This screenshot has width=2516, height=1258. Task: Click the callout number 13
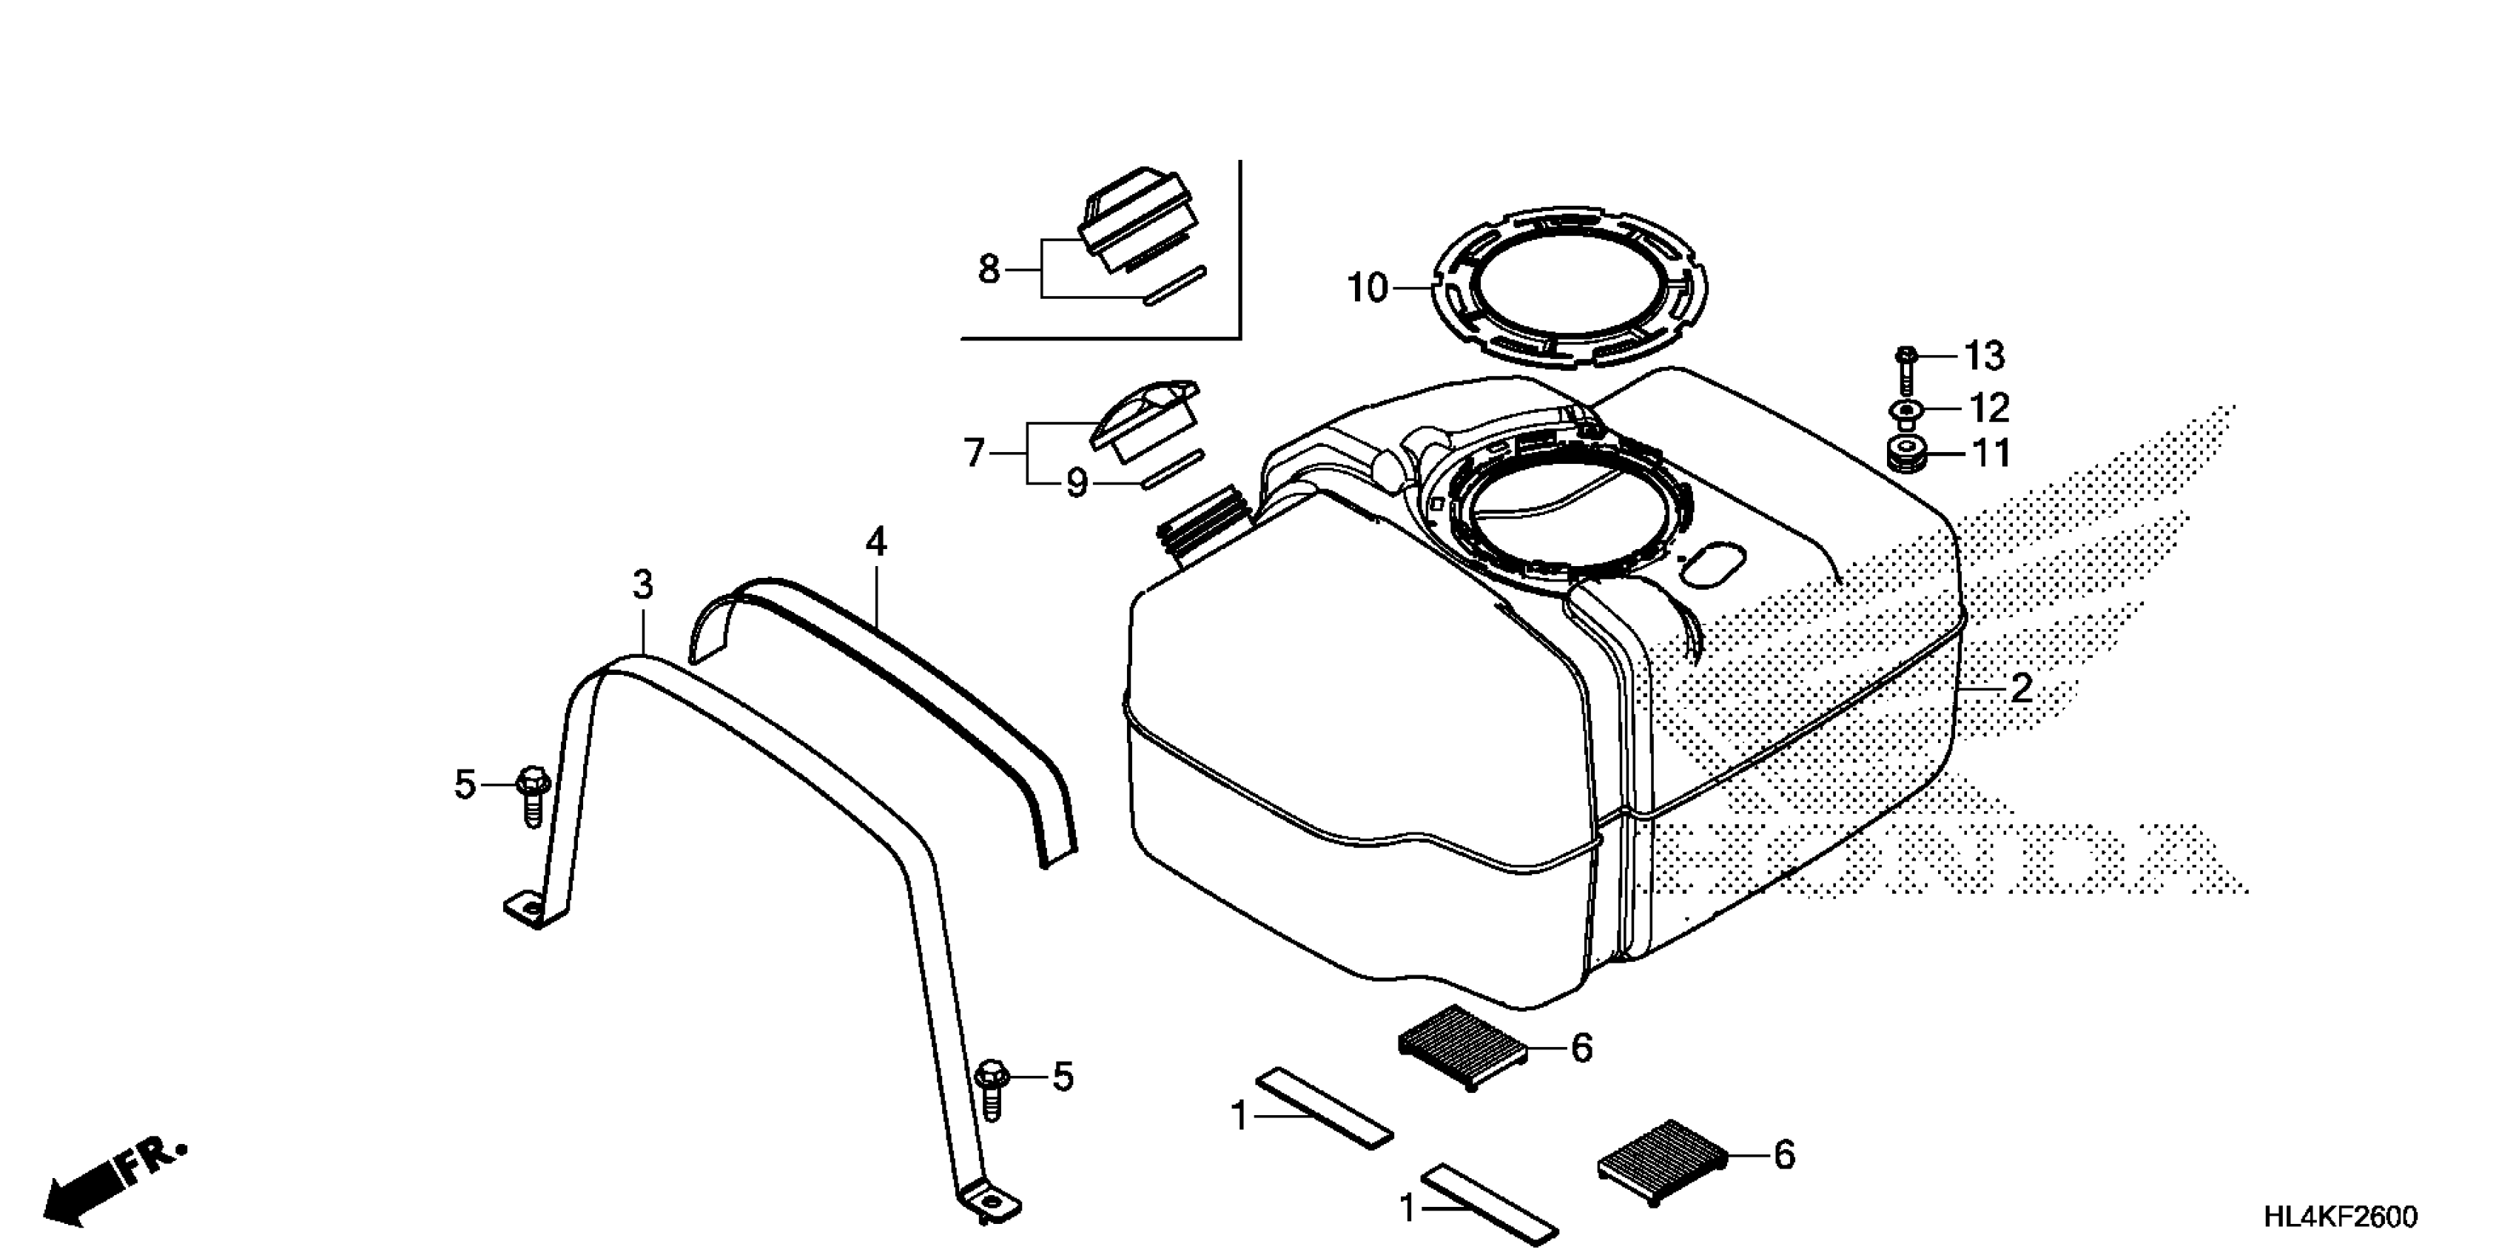click(x=1984, y=357)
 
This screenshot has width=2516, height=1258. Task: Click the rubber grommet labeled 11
click(x=1905, y=455)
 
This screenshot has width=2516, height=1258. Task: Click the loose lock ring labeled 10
click(x=1572, y=288)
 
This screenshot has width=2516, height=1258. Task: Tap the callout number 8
click(x=989, y=269)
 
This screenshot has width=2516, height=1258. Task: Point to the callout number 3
click(x=642, y=585)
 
